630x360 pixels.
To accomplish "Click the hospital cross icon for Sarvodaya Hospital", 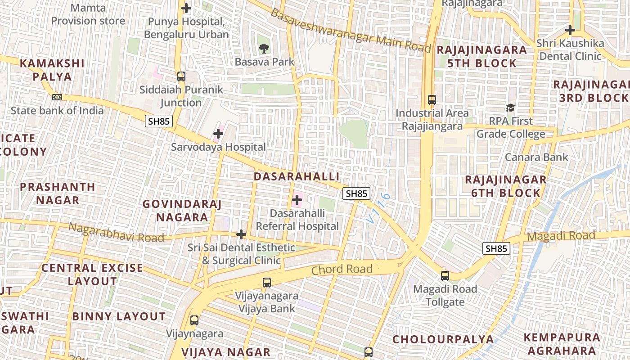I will click(x=218, y=134).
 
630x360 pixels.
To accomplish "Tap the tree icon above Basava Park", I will click(x=264, y=48).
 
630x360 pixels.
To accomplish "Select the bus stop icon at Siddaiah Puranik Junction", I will click(x=181, y=76).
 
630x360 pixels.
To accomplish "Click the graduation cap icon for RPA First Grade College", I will click(x=510, y=108).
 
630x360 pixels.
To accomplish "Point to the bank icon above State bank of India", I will click(x=57, y=97).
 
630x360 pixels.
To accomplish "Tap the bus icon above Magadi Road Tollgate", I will click(x=445, y=276).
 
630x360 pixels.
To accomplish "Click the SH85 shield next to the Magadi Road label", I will click(x=496, y=248).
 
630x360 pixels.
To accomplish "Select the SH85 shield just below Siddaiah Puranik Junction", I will click(x=159, y=121).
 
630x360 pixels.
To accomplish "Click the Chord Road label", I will click(x=342, y=270).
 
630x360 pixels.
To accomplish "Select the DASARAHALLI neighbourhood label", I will click(x=297, y=176).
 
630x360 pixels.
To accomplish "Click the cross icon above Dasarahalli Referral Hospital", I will click(x=297, y=199).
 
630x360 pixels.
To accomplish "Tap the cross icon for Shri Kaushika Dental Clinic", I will click(x=570, y=31).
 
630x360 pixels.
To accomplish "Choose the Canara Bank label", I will click(x=536, y=157).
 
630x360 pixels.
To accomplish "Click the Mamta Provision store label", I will click(x=88, y=14).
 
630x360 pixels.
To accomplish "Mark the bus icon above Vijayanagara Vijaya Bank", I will click(x=267, y=283).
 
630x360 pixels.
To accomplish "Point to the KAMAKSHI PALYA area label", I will click(x=52, y=70).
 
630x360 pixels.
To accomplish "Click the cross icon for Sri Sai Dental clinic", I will click(x=241, y=234).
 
